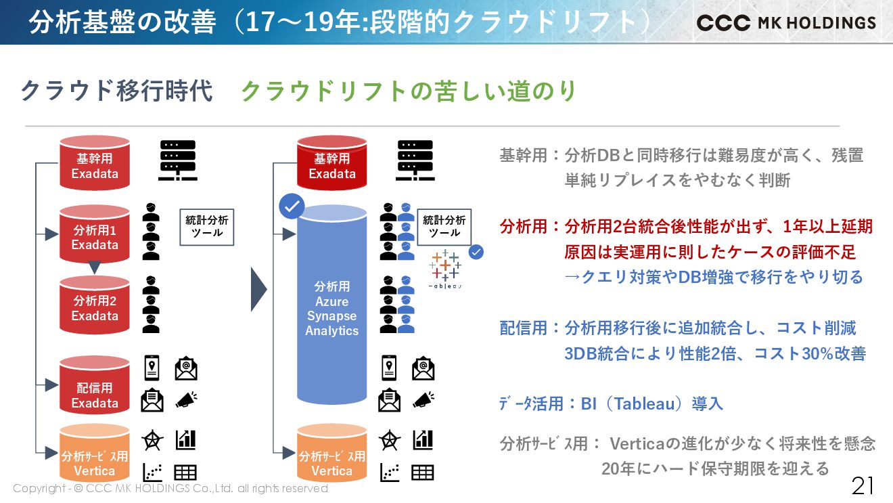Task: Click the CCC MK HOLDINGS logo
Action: [x=786, y=22]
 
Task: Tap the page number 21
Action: [x=863, y=485]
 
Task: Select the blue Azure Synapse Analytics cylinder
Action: [x=331, y=308]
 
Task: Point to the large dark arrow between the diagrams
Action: [x=259, y=290]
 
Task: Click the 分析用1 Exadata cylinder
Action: [x=95, y=234]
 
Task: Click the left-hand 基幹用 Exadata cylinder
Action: [x=95, y=162]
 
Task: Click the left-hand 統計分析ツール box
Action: [x=207, y=227]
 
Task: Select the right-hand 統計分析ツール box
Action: [x=444, y=227]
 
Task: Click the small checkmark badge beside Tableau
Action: [x=476, y=252]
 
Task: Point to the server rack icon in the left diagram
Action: [x=177, y=160]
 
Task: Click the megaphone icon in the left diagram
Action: [x=186, y=399]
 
